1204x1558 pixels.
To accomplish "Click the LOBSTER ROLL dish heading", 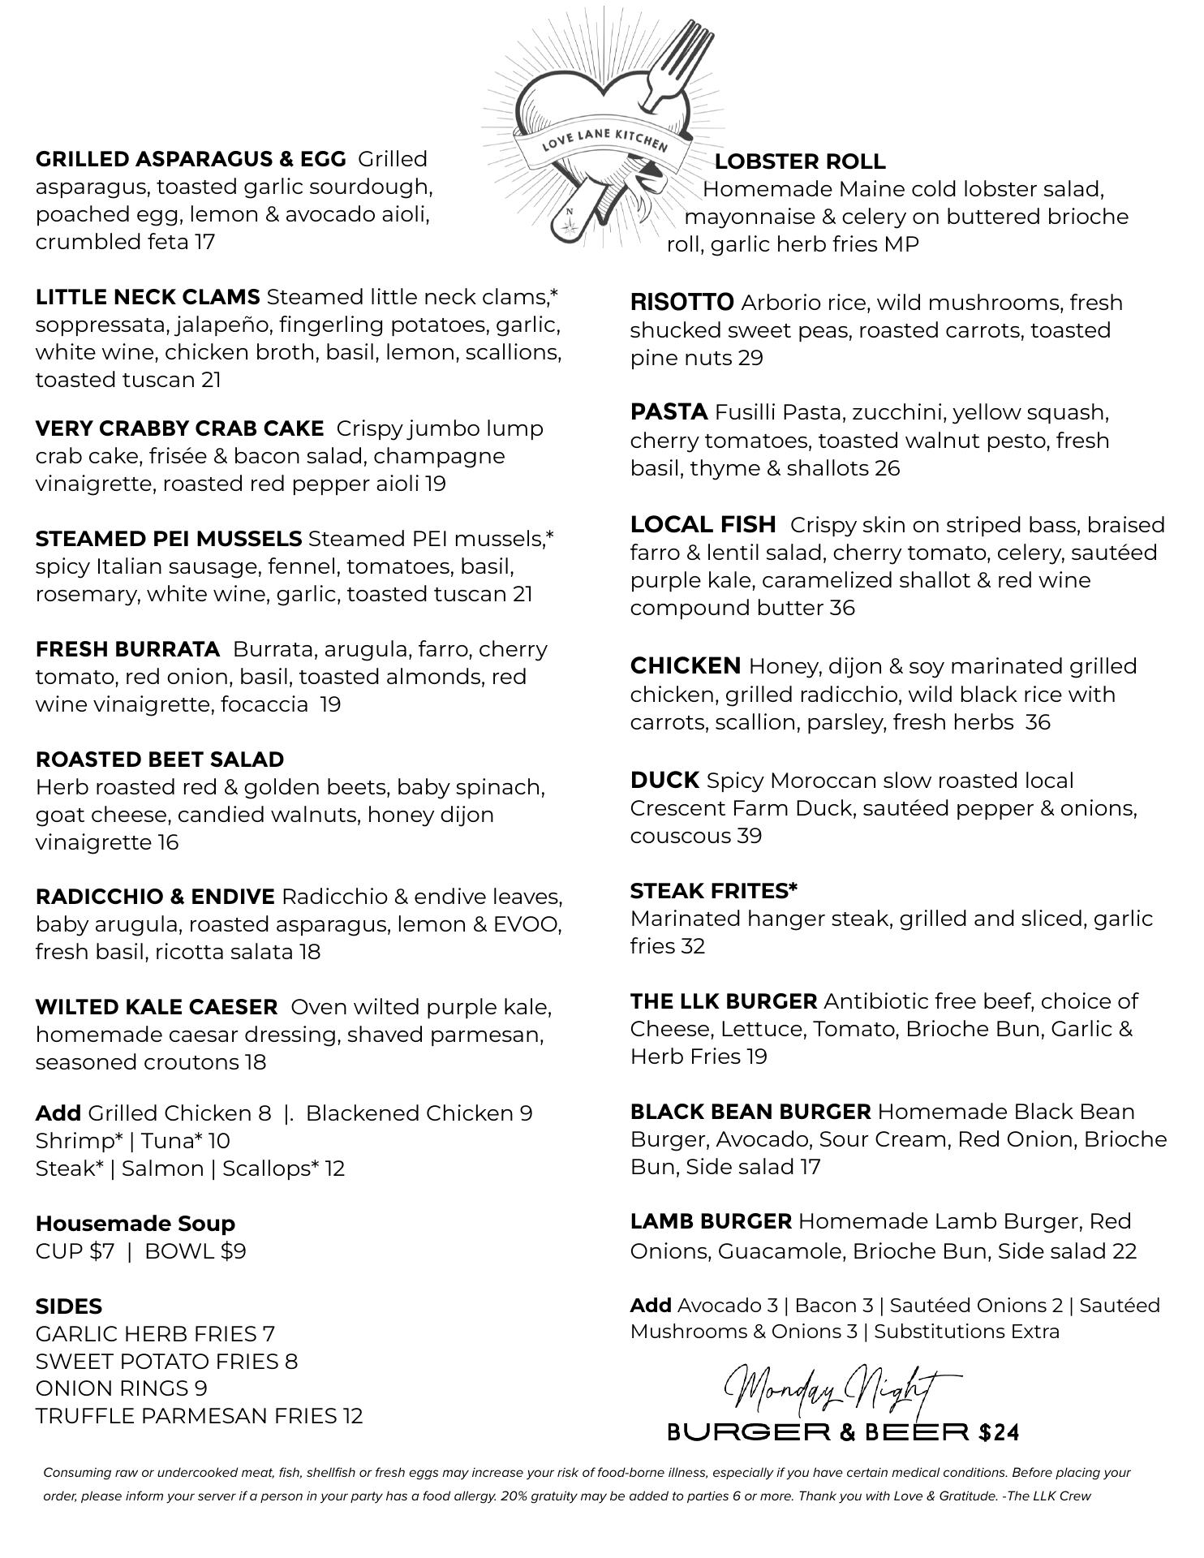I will [x=800, y=161].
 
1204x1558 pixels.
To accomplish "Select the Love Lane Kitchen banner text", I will [x=604, y=139].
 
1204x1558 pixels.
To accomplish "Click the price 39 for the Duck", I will [x=749, y=837].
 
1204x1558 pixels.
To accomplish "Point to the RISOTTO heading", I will [x=682, y=303].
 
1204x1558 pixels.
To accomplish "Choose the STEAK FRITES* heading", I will [x=714, y=891].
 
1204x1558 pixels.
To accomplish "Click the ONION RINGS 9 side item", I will [x=122, y=1388].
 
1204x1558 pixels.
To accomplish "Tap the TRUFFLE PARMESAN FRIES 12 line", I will [x=199, y=1416].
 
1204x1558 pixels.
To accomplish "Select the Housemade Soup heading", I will [x=135, y=1224].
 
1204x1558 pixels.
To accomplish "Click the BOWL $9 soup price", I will [x=195, y=1251].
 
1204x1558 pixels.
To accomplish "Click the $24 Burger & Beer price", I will [x=999, y=1433].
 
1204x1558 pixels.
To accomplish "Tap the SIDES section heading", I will [x=69, y=1306].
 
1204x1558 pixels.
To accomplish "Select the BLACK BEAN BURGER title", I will [x=750, y=1112].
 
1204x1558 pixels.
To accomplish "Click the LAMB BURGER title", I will [x=711, y=1221].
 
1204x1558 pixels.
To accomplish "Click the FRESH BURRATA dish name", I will [x=127, y=649].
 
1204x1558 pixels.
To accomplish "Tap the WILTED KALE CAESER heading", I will [x=157, y=1007].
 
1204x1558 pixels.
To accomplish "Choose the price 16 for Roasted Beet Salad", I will [x=168, y=842].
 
